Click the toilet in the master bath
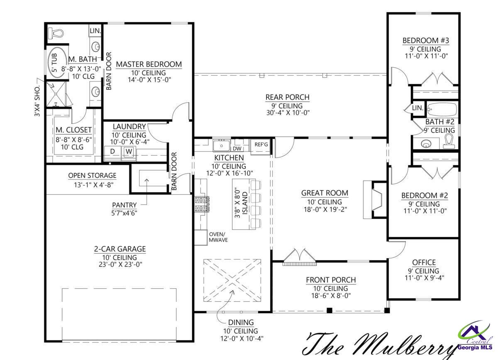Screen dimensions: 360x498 click(x=56, y=32)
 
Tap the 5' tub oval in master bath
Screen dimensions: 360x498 click(x=57, y=62)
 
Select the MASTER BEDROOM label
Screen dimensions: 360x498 click(x=149, y=64)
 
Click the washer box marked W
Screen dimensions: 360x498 click(x=129, y=152)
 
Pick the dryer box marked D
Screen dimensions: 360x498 click(x=112, y=152)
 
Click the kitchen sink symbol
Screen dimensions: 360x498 click(x=222, y=146)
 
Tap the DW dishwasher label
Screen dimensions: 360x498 click(x=237, y=148)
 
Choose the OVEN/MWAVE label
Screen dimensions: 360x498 click(x=218, y=237)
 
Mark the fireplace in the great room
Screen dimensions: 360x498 click(x=373, y=200)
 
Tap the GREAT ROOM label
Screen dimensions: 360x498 click(x=325, y=193)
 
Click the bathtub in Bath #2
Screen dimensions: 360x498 click(x=442, y=110)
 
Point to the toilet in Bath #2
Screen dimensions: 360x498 click(x=449, y=142)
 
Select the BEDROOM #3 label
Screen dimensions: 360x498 click(x=426, y=41)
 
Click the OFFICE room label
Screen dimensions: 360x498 click(x=424, y=262)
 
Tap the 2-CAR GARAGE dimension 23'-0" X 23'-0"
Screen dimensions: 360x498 click(x=120, y=264)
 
